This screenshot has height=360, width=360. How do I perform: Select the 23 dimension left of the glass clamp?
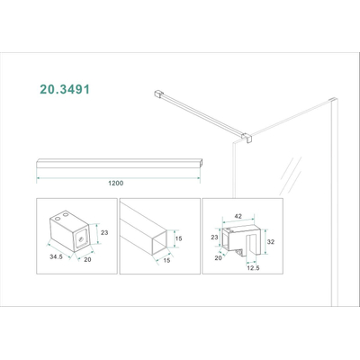coord(214,238)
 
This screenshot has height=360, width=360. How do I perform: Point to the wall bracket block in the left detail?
coord(67,236)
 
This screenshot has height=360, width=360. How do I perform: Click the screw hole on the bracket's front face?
coord(80,239)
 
